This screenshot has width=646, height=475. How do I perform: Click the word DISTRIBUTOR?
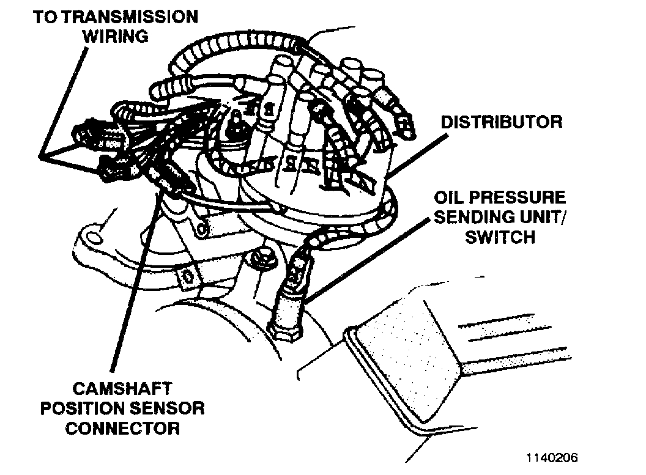click(501, 121)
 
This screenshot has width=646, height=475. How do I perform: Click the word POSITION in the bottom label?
click(81, 408)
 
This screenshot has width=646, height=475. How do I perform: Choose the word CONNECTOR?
click(122, 427)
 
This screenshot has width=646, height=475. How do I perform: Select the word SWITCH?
click(500, 237)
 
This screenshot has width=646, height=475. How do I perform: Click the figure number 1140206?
click(550, 457)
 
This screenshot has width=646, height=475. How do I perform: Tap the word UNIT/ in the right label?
click(541, 218)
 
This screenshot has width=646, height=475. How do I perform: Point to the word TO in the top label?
click(44, 16)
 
